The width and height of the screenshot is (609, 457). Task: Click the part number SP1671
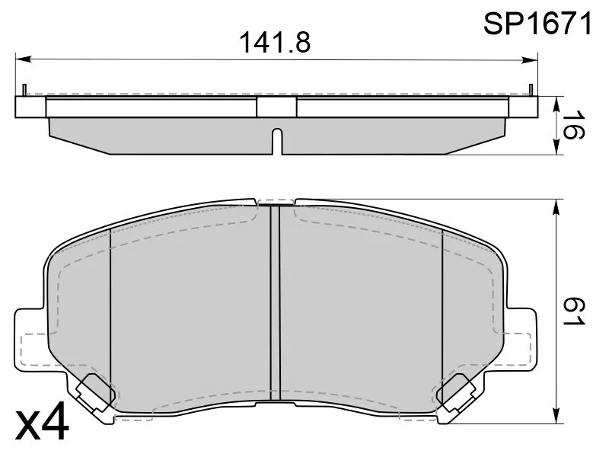point(538,24)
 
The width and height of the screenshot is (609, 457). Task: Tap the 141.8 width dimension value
point(276,43)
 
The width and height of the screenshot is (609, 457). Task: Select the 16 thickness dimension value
point(573,125)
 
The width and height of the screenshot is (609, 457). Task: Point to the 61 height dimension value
point(573,312)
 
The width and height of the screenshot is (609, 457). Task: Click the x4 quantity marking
point(42,421)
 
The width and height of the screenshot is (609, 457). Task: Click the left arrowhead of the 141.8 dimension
point(23,59)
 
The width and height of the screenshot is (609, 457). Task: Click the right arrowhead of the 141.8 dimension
point(530,60)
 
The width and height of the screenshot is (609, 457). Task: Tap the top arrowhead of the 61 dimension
point(557,207)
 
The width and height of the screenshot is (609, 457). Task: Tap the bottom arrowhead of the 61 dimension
point(557,415)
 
